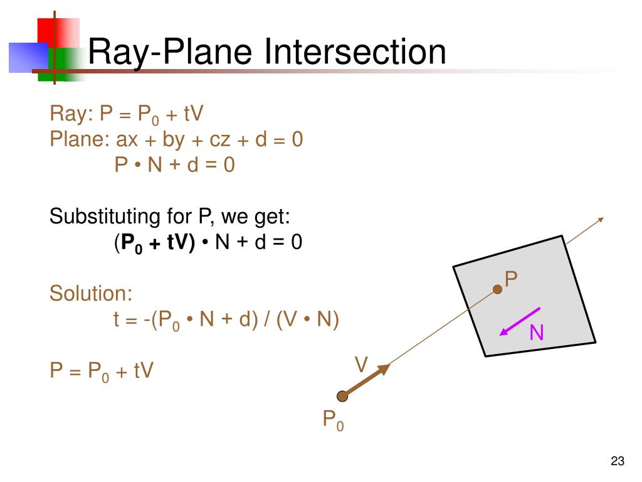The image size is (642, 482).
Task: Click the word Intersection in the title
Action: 355,52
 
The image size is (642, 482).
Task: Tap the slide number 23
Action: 617,462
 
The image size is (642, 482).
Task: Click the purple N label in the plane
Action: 536,333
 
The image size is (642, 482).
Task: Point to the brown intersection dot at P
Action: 497,289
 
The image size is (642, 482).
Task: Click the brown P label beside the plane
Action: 512,279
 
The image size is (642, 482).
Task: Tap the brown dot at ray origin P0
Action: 342,396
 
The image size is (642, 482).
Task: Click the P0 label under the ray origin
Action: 333,420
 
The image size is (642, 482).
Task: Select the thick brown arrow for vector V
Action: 367,380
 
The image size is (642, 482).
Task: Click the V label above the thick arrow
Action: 361,365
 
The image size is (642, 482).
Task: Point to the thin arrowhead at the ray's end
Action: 600,220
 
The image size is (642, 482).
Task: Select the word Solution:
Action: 91,294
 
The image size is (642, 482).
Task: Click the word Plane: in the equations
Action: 80,139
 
